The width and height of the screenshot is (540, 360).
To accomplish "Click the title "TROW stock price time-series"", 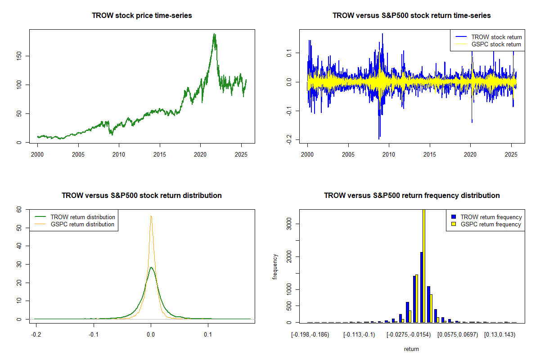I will pyautogui.click(x=142, y=15).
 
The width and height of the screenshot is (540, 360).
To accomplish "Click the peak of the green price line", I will pyautogui.click(x=214, y=34).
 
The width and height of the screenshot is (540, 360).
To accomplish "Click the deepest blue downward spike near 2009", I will pyautogui.click(x=379, y=138).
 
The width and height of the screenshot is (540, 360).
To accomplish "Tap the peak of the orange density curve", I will pyautogui.click(x=151, y=216).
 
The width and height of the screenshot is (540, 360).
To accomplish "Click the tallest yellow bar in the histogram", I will pyautogui.click(x=423, y=265).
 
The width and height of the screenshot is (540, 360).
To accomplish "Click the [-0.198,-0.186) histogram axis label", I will pyautogui.click(x=310, y=335).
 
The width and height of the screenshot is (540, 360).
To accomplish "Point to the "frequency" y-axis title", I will pyautogui.click(x=275, y=266).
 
